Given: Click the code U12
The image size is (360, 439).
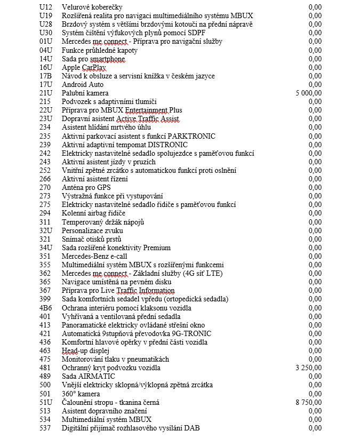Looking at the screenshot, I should click(x=46, y=7).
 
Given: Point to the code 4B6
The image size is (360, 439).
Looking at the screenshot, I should click(x=46, y=308).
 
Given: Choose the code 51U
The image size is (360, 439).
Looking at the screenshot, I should click(x=46, y=402).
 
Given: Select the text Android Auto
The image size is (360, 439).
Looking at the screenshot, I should click(x=83, y=84).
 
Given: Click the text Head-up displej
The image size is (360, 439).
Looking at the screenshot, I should click(x=85, y=350).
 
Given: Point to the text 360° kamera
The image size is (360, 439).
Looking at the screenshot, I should click(x=81, y=393).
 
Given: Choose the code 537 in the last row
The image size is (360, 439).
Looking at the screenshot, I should click(x=45, y=427).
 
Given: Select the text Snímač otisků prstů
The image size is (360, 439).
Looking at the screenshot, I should click(x=92, y=239).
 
